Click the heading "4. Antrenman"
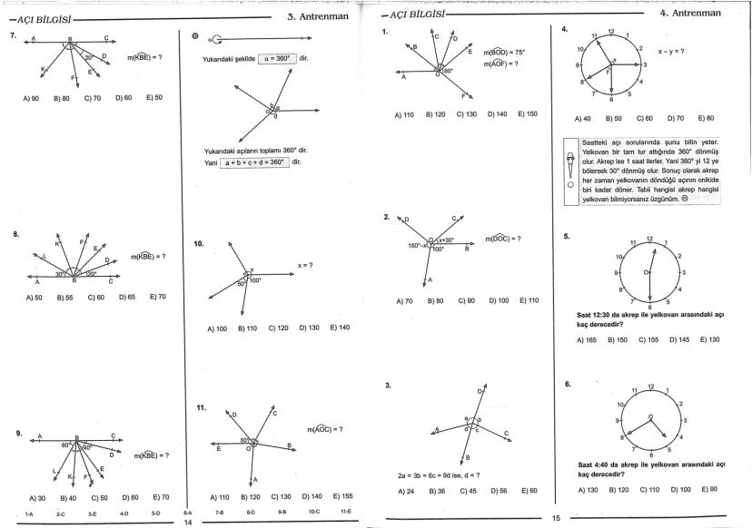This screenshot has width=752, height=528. (689, 13)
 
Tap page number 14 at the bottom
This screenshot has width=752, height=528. (188, 523)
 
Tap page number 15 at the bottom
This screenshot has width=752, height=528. (556, 519)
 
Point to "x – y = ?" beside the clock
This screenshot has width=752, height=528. (671, 52)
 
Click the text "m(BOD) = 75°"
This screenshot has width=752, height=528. (504, 53)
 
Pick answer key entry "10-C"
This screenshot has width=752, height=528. (314, 513)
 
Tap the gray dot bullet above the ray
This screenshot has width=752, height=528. (195, 37)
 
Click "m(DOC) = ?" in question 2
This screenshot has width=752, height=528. (502, 239)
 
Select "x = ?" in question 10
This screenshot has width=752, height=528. (304, 265)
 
